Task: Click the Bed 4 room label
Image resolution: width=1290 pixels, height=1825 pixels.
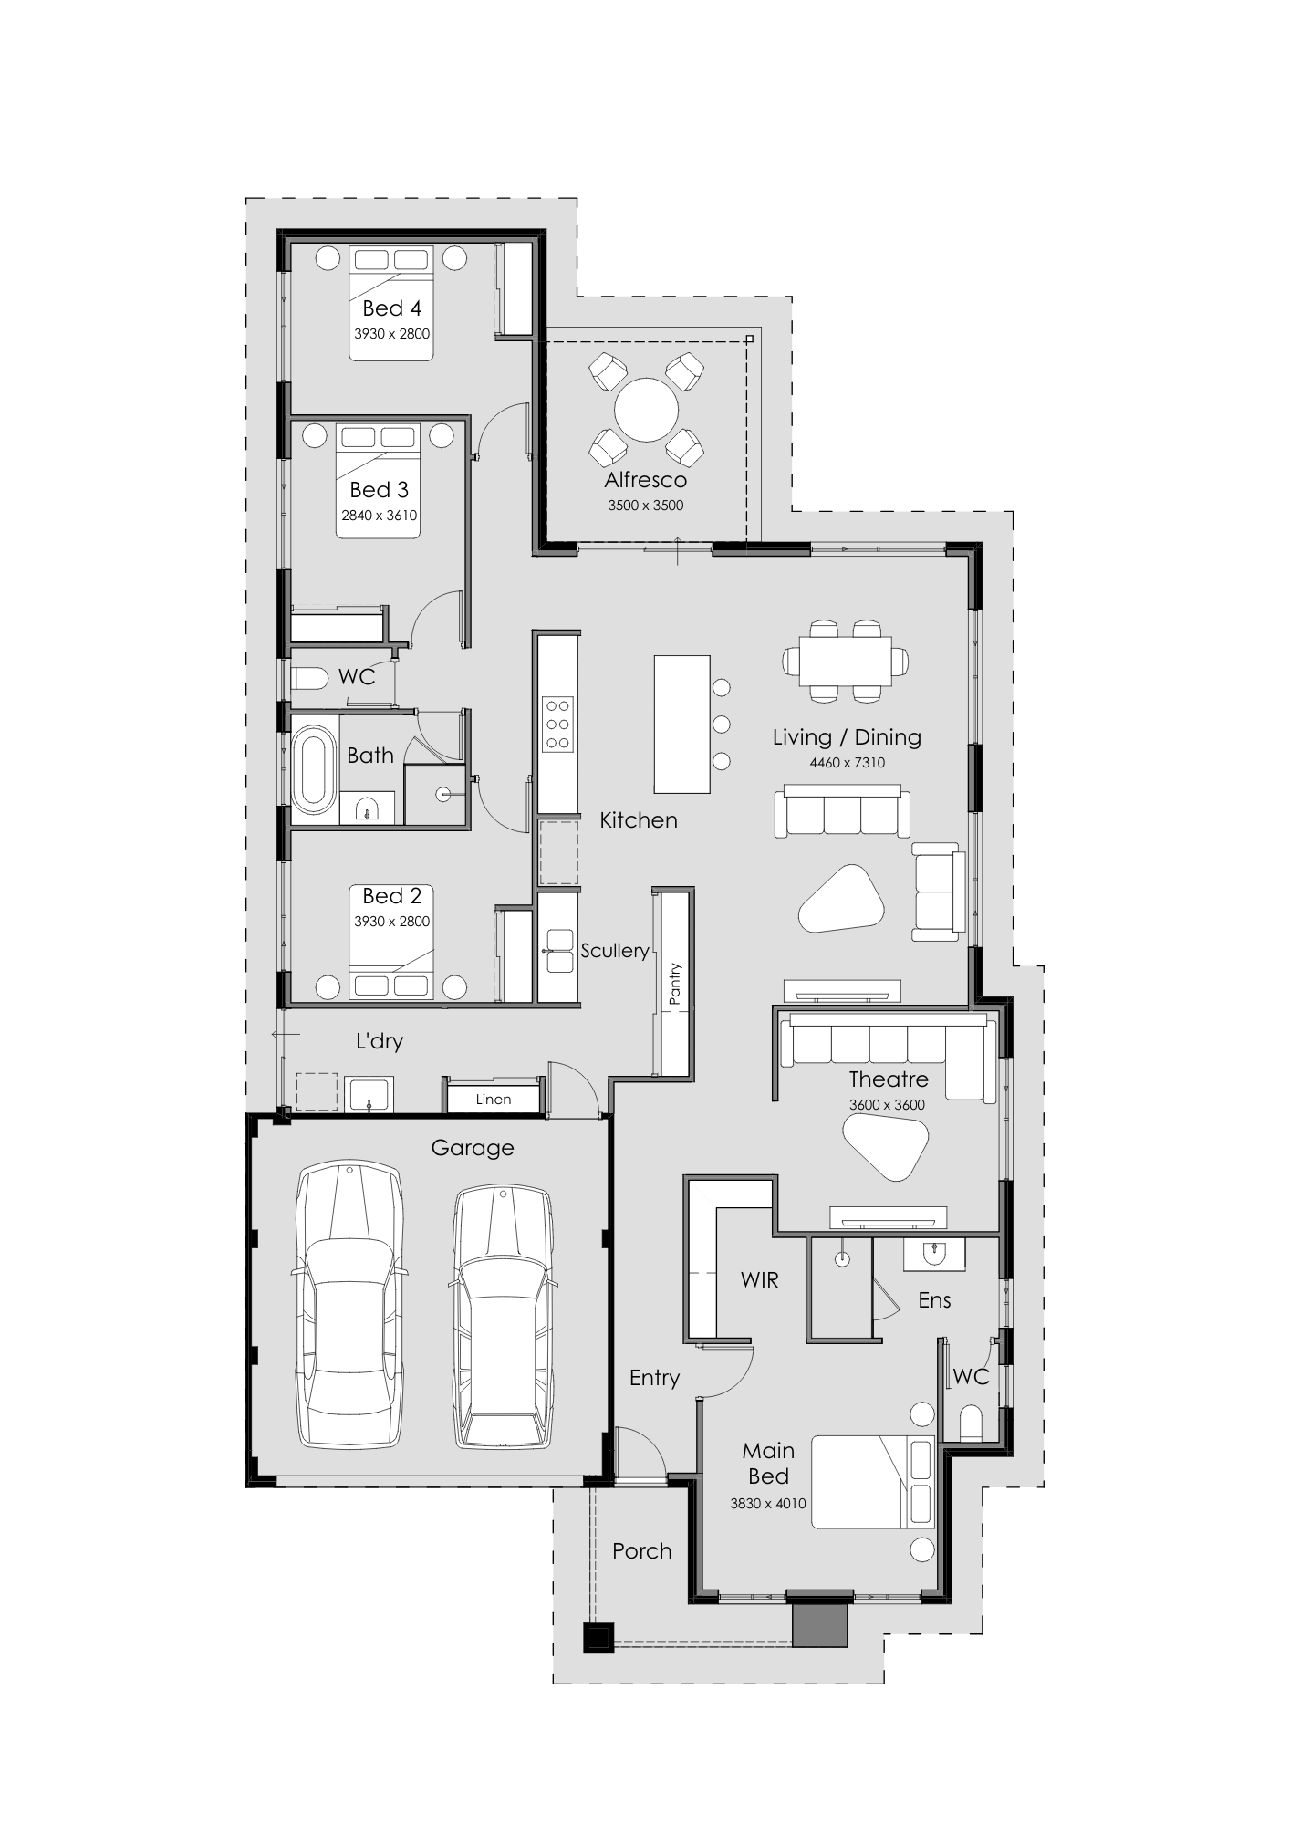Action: point(391,308)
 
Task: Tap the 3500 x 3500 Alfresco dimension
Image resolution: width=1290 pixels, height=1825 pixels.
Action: point(646,506)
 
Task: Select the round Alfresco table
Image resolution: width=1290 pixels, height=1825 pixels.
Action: point(646,410)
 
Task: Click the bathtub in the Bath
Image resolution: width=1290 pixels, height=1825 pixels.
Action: point(313,769)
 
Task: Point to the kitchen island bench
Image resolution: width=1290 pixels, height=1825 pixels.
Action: point(681,724)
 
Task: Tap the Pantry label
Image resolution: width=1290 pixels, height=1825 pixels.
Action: point(675,984)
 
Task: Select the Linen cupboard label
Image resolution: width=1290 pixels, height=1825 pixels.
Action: point(494,1100)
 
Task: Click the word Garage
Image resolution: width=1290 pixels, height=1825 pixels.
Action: point(473,1148)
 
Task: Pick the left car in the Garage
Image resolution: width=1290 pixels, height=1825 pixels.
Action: point(349,1304)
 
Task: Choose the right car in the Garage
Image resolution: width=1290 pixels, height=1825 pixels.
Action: point(504,1316)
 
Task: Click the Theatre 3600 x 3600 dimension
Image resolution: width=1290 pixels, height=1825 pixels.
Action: point(887,1105)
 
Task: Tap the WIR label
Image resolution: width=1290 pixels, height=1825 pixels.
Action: point(760,1280)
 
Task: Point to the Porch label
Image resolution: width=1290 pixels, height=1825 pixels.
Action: point(642,1551)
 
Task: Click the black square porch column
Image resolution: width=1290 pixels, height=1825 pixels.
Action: point(598,1637)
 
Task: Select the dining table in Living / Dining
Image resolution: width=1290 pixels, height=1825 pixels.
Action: point(846,661)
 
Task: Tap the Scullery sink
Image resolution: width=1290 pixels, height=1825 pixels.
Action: point(558,951)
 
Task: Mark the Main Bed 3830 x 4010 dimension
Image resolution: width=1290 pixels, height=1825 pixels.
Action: point(768,1504)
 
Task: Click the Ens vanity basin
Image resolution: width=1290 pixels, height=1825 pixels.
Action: point(933,1254)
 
